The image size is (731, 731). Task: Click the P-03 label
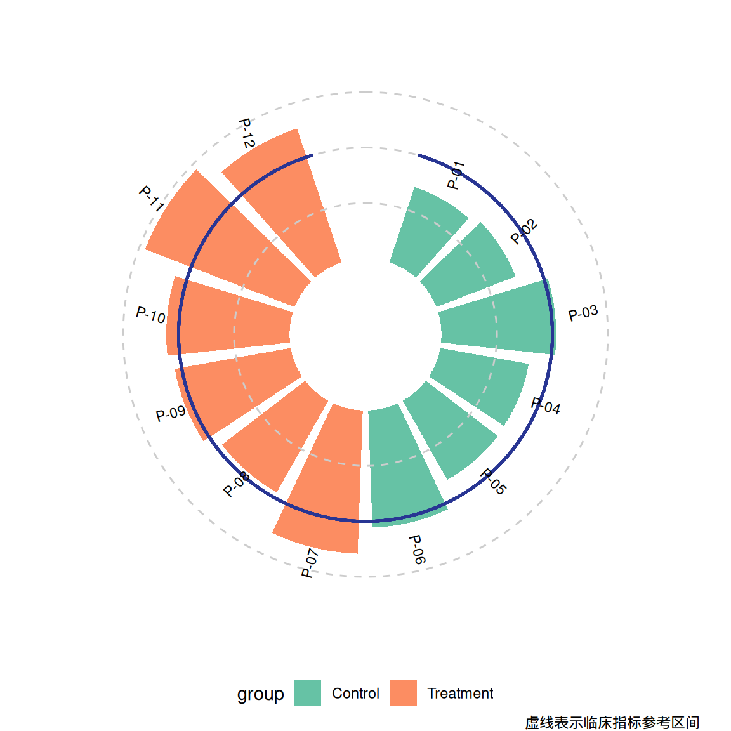pyautogui.click(x=583, y=313)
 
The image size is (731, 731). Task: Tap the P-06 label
pyautogui.click(x=417, y=550)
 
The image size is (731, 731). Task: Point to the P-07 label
pyautogui.click(x=310, y=563)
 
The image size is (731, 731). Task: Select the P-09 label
pyautogui.click(x=171, y=414)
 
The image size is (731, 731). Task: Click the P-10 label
pyautogui.click(x=150, y=315)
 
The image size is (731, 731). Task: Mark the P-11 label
pyautogui.click(x=152, y=199)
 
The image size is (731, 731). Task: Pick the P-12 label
pyautogui.click(x=247, y=133)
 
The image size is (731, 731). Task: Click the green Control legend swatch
pyautogui.click(x=308, y=693)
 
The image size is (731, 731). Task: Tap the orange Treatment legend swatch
pyautogui.click(x=404, y=693)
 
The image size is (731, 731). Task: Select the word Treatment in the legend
pyautogui.click(x=460, y=693)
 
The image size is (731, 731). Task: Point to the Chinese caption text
pyautogui.click(x=612, y=722)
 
